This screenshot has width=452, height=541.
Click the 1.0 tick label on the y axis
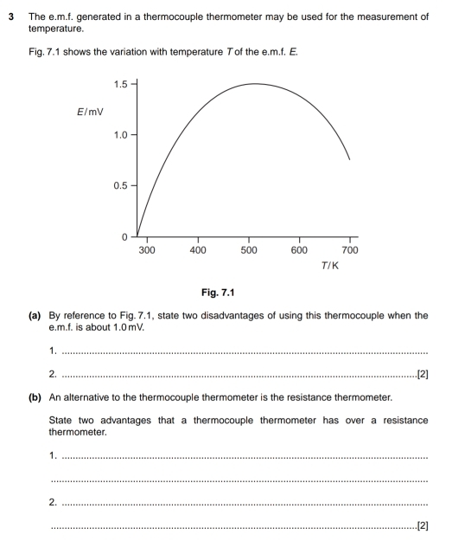pos(120,135)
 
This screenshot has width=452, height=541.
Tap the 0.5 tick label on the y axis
pos(120,186)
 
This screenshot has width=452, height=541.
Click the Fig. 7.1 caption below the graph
pos(236,306)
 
